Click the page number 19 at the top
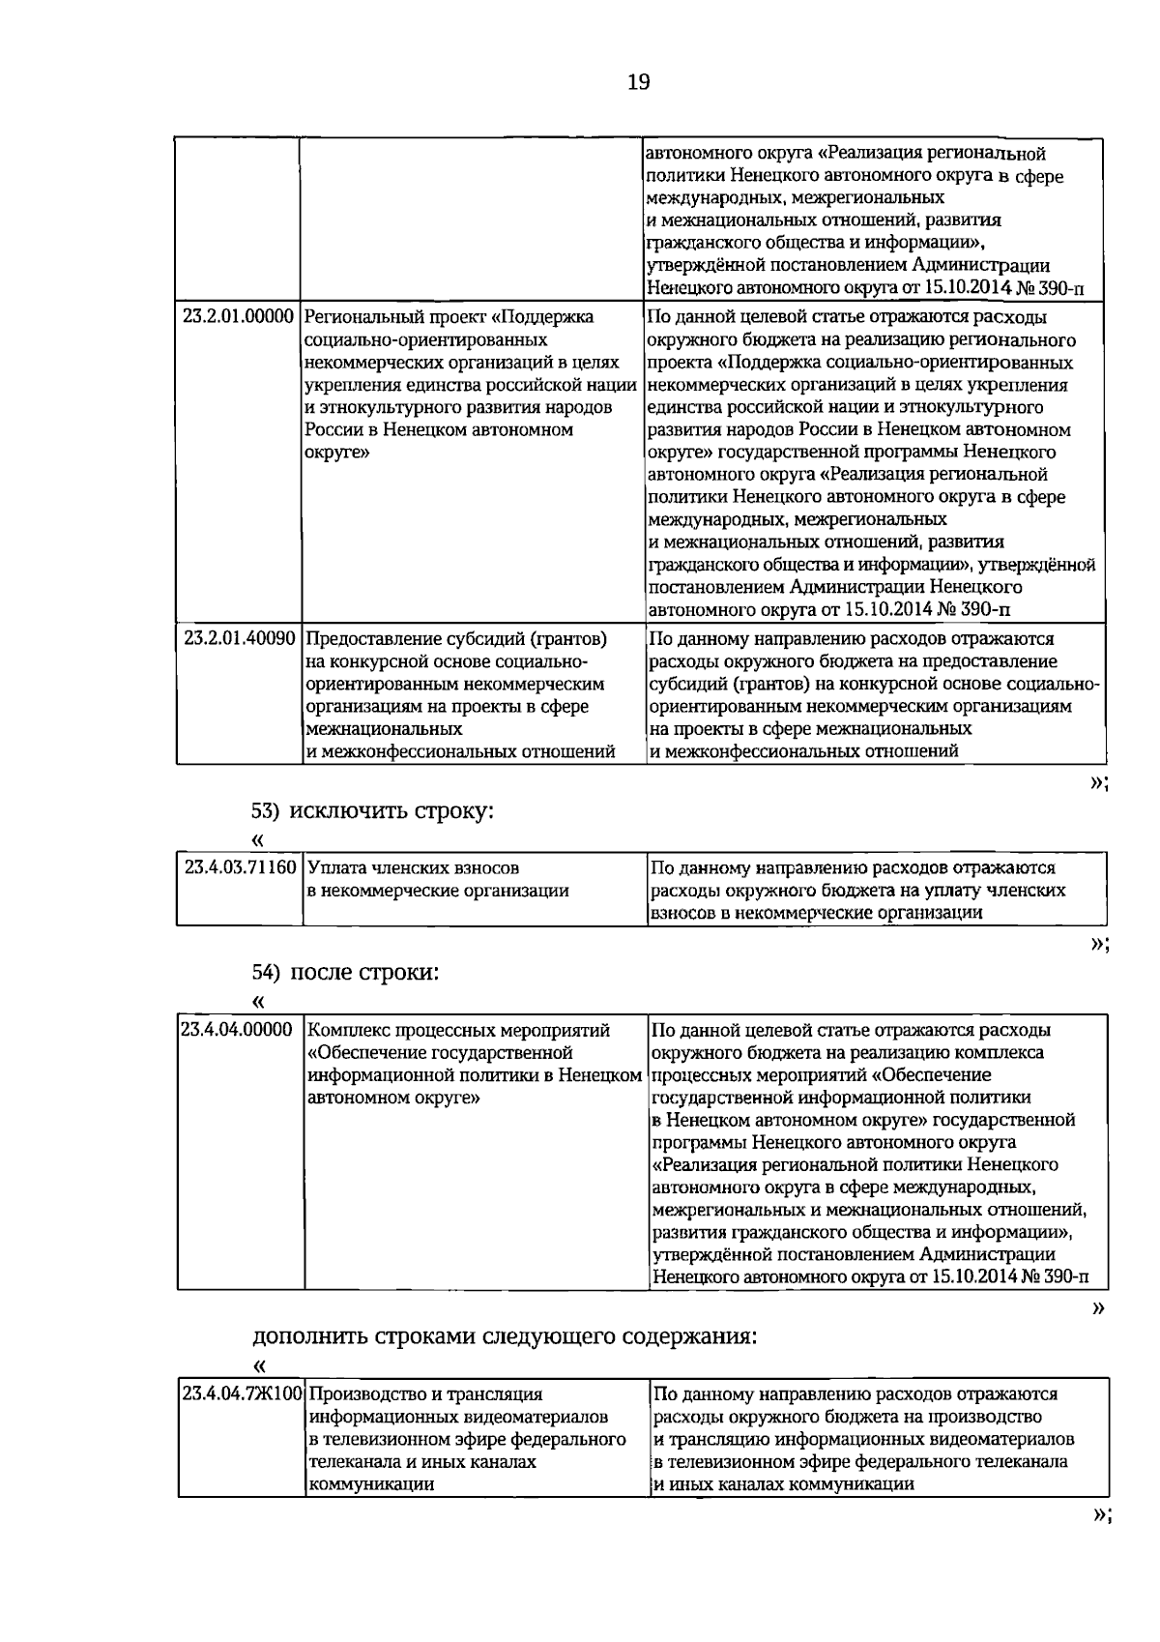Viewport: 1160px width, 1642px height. click(x=639, y=82)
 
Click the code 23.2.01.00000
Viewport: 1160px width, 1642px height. click(x=238, y=317)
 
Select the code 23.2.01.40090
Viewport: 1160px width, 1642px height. click(x=238, y=639)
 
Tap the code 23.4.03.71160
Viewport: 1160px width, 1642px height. click(x=240, y=867)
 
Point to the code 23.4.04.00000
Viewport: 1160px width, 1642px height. click(x=237, y=1030)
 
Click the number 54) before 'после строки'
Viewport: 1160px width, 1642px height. click(x=266, y=973)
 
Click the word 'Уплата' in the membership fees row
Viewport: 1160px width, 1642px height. click(x=337, y=867)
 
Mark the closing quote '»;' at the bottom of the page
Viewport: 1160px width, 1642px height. click(x=1099, y=1541)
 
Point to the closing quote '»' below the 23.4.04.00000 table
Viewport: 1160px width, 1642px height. click(x=1097, y=1308)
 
